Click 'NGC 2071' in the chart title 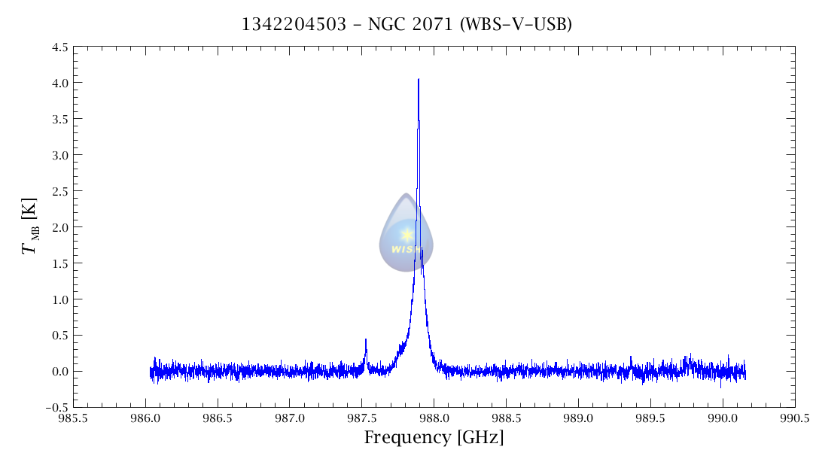coord(410,25)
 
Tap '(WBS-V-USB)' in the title coord(516,25)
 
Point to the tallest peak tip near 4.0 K coord(419,80)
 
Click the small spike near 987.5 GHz coord(366,341)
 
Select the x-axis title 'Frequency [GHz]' coord(434,438)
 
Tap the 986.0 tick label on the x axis coord(145,418)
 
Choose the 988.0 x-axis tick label coord(434,418)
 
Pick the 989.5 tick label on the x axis coord(650,418)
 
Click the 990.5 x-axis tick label coord(795,418)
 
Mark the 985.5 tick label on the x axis coord(73,418)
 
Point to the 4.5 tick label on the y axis coord(60,47)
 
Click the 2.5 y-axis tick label coord(60,191)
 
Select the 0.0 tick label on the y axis coord(60,372)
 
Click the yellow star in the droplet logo coord(406,235)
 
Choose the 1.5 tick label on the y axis coord(60,263)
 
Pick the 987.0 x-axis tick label coord(290,418)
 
